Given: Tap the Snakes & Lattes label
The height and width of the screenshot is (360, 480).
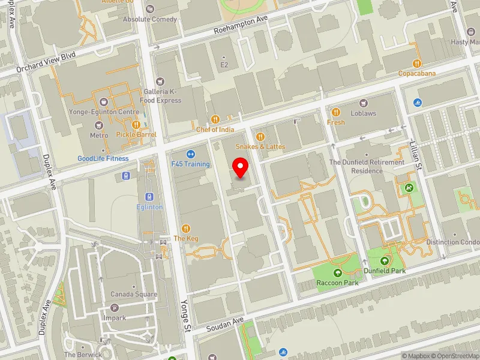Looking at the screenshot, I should pos(260,146).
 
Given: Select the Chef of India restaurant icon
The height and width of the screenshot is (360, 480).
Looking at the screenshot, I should pos(215,119).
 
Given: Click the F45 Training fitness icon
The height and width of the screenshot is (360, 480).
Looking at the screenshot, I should pos(190,154).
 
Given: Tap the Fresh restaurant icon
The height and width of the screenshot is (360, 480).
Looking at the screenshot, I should pos(336,112).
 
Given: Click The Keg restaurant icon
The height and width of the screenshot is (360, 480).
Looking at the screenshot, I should pos(186,228).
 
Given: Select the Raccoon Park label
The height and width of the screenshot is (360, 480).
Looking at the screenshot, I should pos(338,283).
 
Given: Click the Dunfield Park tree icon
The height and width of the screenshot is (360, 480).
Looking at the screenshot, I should pos(385,260).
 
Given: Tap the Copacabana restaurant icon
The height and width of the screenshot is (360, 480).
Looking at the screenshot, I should pos(417,63).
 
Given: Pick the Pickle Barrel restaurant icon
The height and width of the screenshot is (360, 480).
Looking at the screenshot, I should pos(136,124).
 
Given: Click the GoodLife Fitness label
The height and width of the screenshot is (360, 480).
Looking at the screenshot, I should pos(103,159).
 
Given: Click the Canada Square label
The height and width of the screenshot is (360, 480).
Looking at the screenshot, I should pos(133,295).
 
